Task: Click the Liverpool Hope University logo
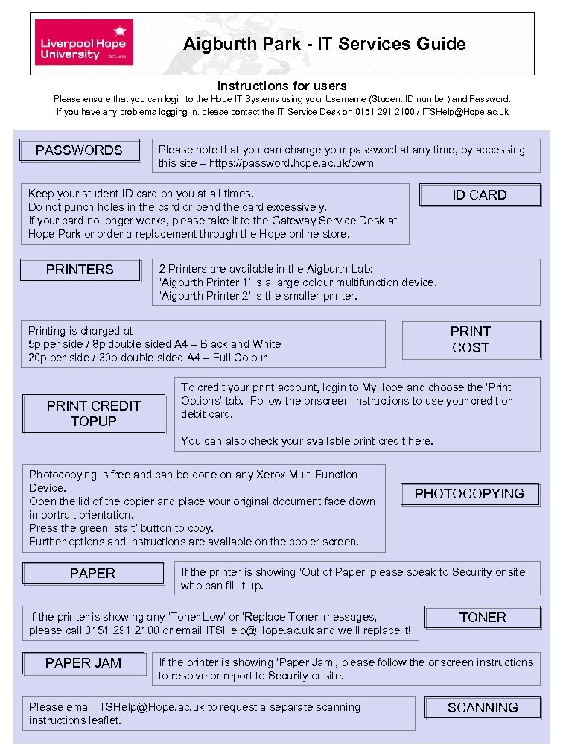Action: click(x=84, y=42)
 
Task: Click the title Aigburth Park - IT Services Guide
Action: click(x=325, y=44)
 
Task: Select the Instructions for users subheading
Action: click(x=281, y=86)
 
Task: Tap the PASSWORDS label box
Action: click(x=80, y=150)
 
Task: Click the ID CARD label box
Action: click(x=480, y=195)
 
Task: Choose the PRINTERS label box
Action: click(x=80, y=270)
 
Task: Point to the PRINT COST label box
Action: click(x=471, y=339)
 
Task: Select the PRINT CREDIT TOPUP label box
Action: click(x=94, y=413)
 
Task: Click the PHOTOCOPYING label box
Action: click(x=469, y=494)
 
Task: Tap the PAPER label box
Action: click(x=93, y=574)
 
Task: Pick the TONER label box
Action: click(x=483, y=618)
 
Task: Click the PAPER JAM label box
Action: click(x=83, y=663)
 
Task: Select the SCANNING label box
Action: click(x=483, y=708)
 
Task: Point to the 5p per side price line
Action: click(x=154, y=344)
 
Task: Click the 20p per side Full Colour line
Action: click(x=147, y=358)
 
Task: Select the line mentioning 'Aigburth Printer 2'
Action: click(x=258, y=296)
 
